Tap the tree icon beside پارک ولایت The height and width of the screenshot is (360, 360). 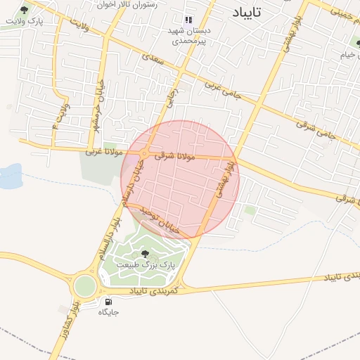click(x=25, y=10)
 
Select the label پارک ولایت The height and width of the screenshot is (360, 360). click(x=20, y=22)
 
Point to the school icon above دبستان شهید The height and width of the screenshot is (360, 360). click(x=188, y=20)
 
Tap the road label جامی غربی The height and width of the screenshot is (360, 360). click(x=221, y=89)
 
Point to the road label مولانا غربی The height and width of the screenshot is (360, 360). click(x=104, y=150)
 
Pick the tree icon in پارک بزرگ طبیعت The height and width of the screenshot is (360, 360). click(x=145, y=254)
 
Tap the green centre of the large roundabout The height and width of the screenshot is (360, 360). click(x=84, y=285)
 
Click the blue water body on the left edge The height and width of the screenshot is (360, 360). click(x=8, y=176)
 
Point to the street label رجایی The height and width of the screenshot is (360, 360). click(x=169, y=98)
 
